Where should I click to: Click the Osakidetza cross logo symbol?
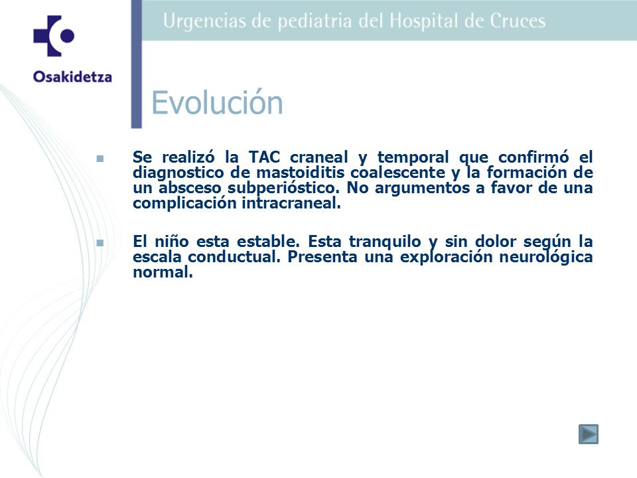54,36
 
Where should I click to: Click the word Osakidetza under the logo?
73,77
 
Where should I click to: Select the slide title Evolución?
217,102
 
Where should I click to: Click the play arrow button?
589,434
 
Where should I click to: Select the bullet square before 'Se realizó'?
100,159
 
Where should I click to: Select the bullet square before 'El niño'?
100,243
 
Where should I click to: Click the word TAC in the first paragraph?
265,157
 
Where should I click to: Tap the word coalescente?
397,173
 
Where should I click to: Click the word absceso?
190,188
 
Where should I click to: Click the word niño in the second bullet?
172,242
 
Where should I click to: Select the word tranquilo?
385,242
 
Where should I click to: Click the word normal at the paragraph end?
163,272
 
